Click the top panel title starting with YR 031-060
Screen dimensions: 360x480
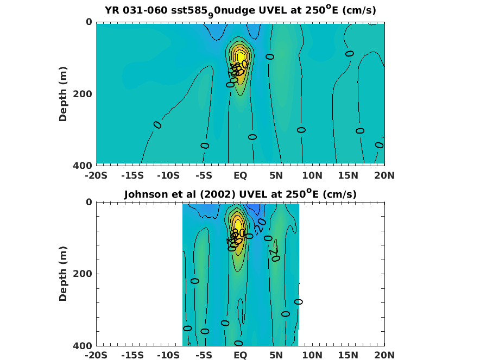click(240, 10)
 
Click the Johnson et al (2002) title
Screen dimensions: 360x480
click(240, 194)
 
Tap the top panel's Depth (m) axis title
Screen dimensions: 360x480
click(63, 93)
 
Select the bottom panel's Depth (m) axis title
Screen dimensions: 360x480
click(63, 274)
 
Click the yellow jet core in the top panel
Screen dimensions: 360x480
click(240, 56)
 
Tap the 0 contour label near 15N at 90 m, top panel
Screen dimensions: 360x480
click(350, 53)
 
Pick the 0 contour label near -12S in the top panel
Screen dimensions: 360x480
click(157, 125)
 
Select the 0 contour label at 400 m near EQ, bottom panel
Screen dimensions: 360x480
click(238, 343)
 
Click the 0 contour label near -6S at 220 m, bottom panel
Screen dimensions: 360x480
click(195, 281)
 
